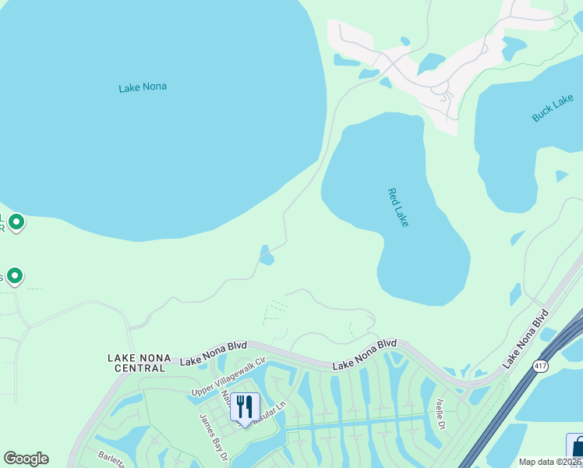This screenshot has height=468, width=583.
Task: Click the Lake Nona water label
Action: coord(143,87)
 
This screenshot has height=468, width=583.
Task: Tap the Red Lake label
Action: coord(397,207)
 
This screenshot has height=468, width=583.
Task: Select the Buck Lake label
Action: coord(553,108)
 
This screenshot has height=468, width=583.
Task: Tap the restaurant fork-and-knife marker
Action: coord(245,406)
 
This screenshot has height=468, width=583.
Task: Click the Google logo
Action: coord(26,459)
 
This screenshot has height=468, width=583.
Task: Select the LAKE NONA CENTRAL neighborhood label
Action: coord(139,362)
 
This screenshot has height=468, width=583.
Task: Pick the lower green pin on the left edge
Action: coord(13,276)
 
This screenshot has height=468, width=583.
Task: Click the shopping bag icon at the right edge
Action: coord(577,448)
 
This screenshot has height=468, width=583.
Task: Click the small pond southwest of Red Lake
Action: coord(266,255)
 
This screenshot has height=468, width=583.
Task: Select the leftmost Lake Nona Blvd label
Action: coord(213,357)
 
